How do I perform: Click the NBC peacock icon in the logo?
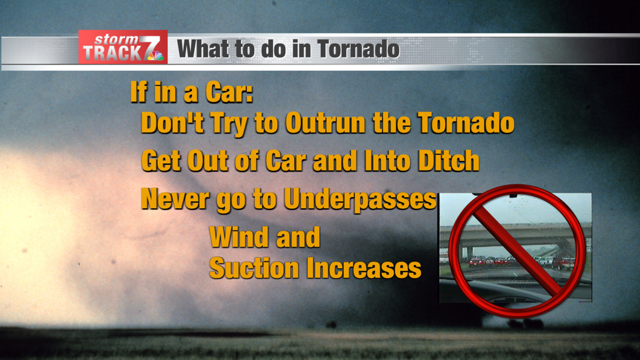point(156,57)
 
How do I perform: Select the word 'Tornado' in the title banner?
point(358,49)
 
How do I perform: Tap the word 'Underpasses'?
point(360,200)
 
